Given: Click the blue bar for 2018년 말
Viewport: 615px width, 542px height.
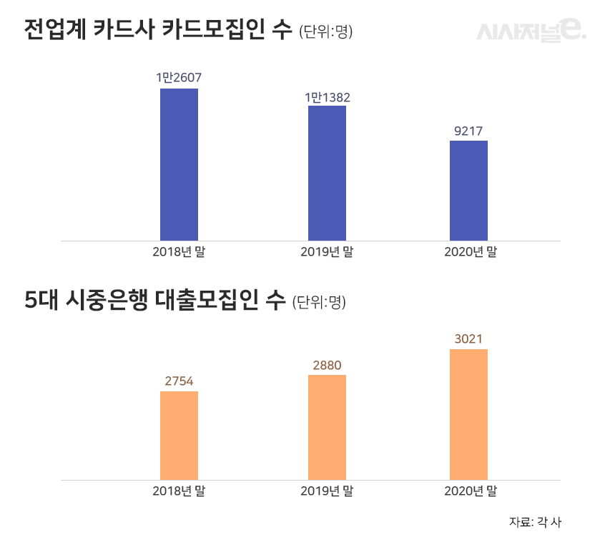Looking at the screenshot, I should tap(179, 164).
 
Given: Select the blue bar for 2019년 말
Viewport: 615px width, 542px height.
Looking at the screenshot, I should tap(327, 173).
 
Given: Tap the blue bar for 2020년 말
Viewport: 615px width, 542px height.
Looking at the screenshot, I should tap(468, 191).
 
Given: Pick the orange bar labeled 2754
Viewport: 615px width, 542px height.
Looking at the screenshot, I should tap(179, 435).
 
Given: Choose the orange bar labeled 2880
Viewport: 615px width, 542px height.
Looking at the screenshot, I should tap(327, 427).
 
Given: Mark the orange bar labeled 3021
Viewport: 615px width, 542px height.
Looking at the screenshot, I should tap(468, 414).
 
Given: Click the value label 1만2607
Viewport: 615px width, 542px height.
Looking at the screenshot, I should tap(179, 77).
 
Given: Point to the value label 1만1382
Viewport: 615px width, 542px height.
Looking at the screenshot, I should tap(327, 96).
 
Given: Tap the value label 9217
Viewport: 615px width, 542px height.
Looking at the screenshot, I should tap(468, 131).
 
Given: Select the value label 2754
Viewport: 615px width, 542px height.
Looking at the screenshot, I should tap(179, 381).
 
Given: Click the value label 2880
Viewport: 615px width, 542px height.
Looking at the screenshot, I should tap(327, 366).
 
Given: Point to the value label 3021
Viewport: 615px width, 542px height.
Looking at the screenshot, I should tap(468, 339).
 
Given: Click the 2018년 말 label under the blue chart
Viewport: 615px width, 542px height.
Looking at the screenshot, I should tap(179, 251).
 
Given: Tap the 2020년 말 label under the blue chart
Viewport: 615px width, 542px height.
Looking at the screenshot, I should tap(470, 251).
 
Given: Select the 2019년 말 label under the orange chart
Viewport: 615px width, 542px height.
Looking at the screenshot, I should tap(327, 491).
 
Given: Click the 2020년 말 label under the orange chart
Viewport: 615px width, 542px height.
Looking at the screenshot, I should tap(470, 491).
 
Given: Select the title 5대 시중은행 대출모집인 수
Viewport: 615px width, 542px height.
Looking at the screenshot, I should tap(154, 301).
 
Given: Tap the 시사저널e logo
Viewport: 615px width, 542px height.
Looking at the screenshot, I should tap(531, 30).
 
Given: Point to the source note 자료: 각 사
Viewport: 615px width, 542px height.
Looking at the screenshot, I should tap(535, 521).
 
